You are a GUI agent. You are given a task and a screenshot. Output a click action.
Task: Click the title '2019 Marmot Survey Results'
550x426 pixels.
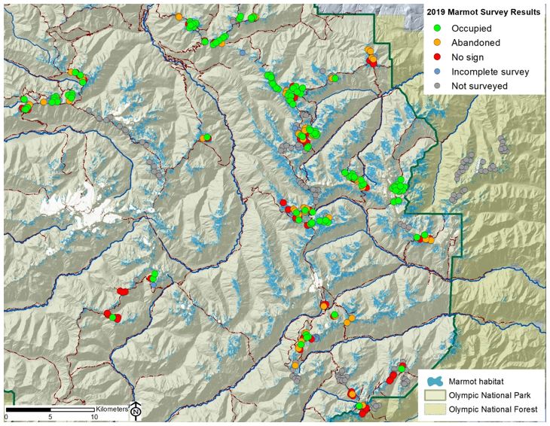pos(483,13)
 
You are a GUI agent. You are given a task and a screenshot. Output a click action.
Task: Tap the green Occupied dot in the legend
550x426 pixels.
pos(437,29)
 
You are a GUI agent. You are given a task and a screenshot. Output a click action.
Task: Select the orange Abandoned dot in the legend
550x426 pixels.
pos(437,43)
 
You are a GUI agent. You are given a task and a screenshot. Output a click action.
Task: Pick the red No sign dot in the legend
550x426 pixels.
pos(437,57)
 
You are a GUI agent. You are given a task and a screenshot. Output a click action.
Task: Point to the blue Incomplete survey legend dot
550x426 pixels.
pos(437,72)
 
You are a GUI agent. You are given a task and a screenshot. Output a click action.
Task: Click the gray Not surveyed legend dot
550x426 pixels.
pos(437,86)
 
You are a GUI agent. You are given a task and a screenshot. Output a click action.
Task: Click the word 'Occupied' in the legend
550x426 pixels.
pos(472,29)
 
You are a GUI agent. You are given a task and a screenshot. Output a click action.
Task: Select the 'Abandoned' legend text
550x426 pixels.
pos(475,43)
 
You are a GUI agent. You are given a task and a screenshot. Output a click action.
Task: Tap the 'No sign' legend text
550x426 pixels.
pos(468,57)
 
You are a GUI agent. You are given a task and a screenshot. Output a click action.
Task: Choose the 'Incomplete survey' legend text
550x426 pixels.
pos(490,72)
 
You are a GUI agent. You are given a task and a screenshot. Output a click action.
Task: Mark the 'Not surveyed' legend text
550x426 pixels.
pos(479,86)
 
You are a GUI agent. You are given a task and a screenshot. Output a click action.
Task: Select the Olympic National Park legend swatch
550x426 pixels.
pos(432,394)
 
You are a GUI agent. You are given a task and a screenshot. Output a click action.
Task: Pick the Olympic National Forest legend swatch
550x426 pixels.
pos(432,409)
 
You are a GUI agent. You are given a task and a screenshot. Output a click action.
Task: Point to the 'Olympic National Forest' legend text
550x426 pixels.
pos(493,409)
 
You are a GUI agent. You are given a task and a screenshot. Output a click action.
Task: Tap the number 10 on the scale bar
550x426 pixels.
pos(95,417)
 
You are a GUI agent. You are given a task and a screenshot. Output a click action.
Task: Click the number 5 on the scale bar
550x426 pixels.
pos(50,417)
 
